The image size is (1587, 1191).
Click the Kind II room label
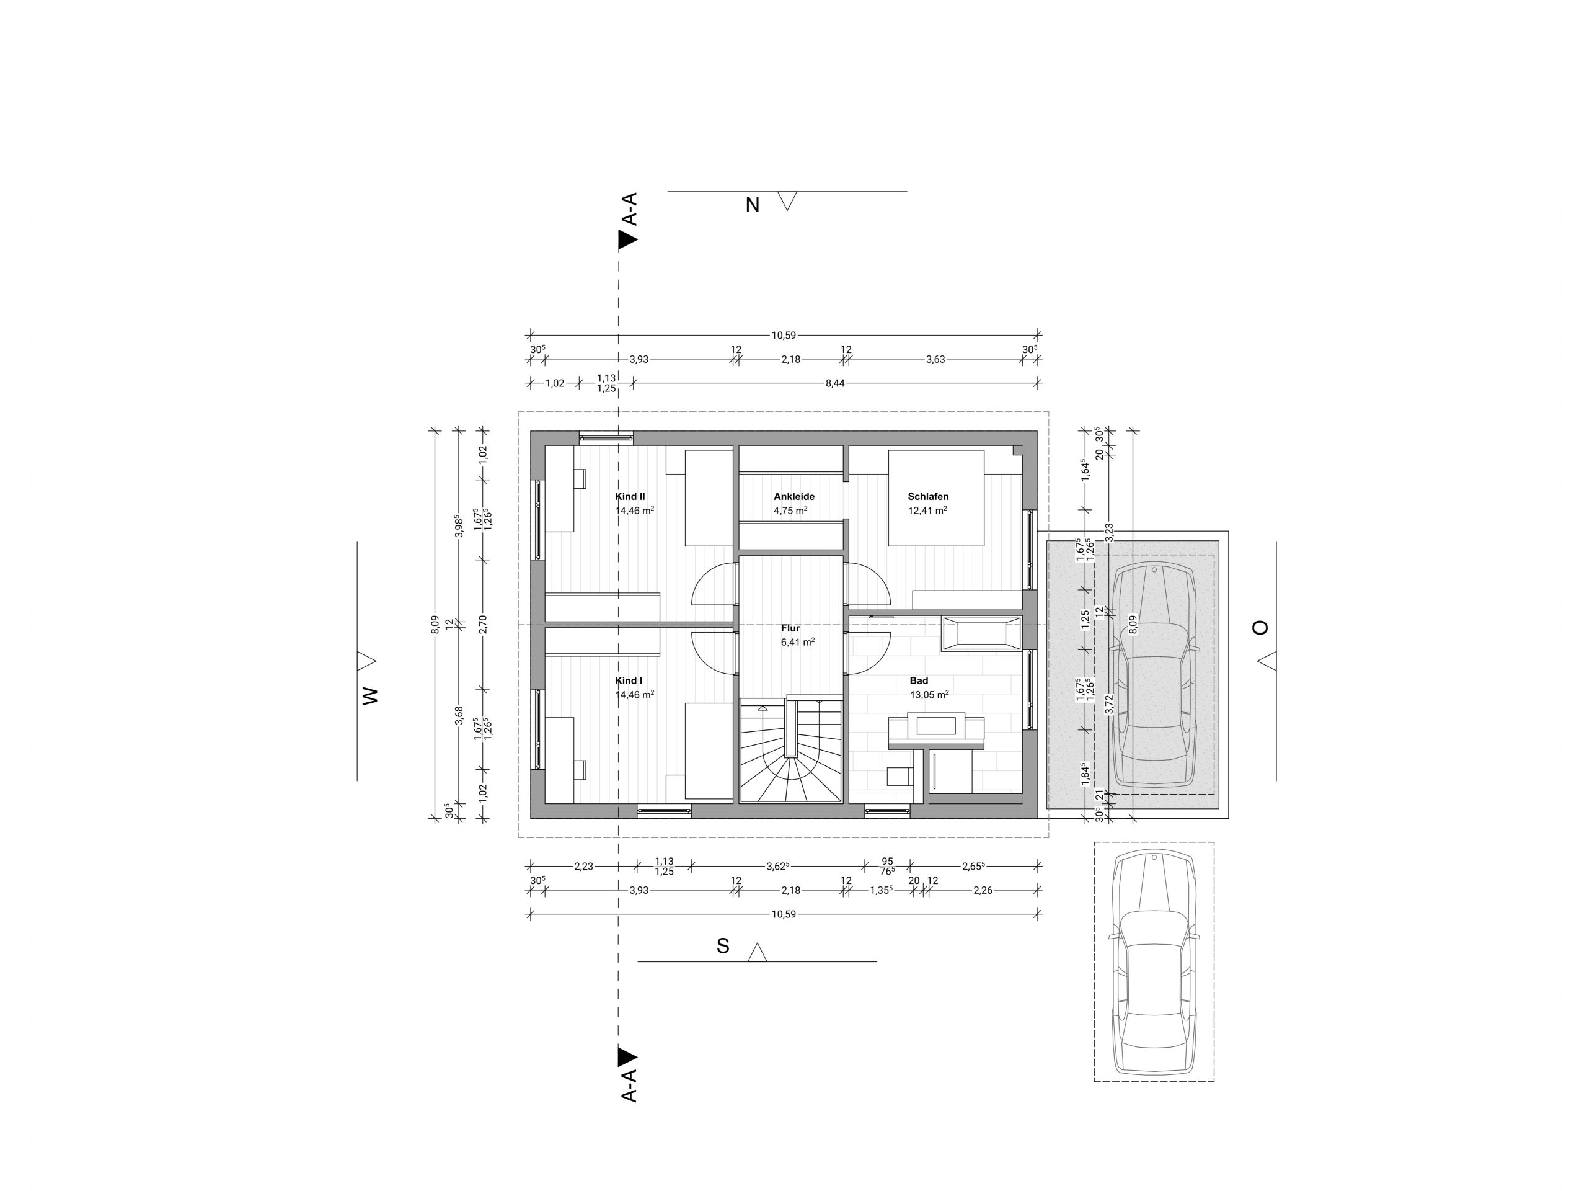coord(630,496)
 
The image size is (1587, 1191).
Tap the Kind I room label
coord(629,680)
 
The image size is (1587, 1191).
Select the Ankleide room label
coord(794,496)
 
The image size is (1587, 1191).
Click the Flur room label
coord(790,628)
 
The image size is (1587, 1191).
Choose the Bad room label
coord(919,680)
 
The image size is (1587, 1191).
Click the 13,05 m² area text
coord(930,694)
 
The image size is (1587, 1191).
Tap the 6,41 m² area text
coord(798,642)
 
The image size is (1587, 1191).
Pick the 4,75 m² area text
coord(790,511)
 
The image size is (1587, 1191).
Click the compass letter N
coord(753,205)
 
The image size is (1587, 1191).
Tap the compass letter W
coord(369,695)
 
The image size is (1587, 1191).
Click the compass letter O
coord(1260,628)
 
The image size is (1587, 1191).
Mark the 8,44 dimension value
coord(835,383)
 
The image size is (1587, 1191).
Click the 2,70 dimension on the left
coord(483,624)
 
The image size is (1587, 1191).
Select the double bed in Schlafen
coord(936,498)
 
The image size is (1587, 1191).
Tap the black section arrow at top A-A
coord(628,240)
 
